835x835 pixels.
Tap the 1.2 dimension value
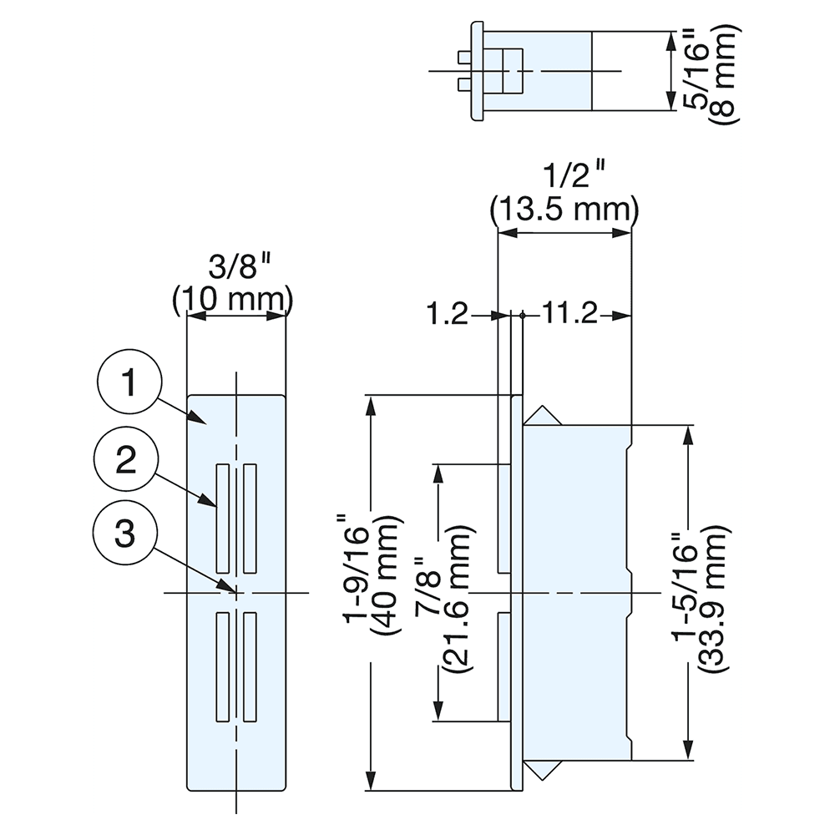tap(447, 315)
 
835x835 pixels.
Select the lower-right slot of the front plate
tap(250, 666)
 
